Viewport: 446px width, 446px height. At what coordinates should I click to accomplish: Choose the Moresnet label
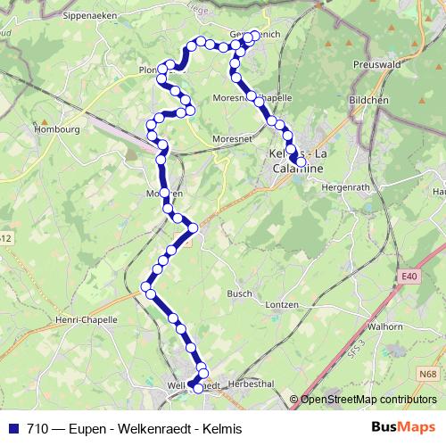coord(231,138)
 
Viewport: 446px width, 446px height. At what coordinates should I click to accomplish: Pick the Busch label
coord(239,293)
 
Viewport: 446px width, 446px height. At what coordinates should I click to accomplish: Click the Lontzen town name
coord(281,304)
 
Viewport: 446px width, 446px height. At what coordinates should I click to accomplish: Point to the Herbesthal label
coord(249,385)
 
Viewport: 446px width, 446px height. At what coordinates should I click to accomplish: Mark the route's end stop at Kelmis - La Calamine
coord(293,160)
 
